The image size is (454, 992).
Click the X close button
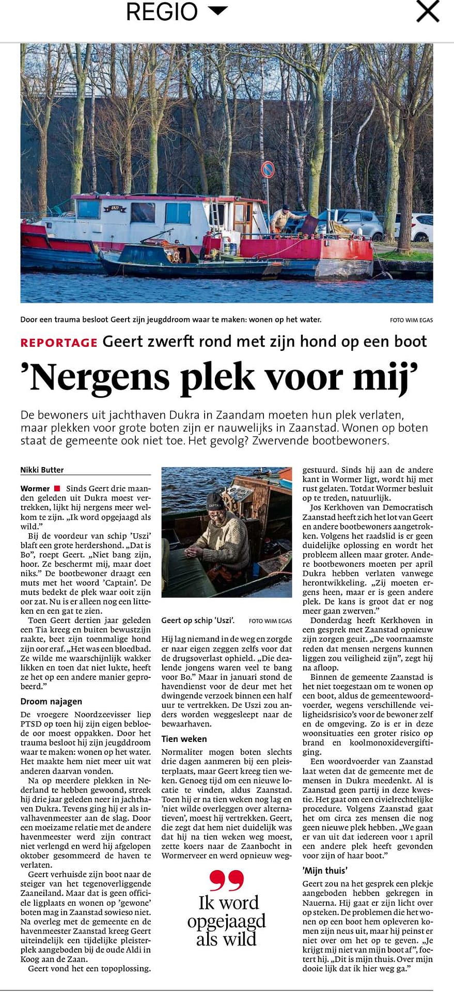pos(427,11)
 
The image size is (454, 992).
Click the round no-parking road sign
pos(268,169)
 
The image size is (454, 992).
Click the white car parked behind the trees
pos(421,227)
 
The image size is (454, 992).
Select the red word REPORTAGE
pos(59,343)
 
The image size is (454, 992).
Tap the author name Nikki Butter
pos(42,470)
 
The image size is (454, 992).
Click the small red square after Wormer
pos(57,488)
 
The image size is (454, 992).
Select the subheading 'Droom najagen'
pos(51,702)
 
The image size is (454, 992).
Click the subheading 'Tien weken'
pos(184,739)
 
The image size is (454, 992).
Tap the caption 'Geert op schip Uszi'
pos(198,621)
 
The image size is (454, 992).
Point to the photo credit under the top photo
pos(411,320)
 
